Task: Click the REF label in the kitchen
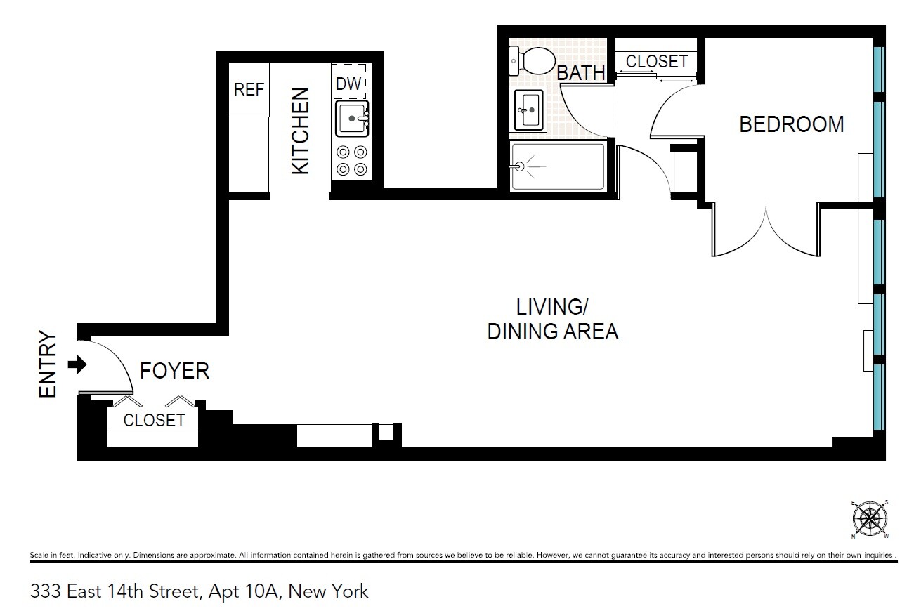[249, 90]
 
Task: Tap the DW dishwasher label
[348, 84]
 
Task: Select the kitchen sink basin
[350, 119]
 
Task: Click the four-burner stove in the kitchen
[351, 159]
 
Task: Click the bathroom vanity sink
[530, 110]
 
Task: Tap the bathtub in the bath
[557, 166]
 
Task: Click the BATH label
[580, 72]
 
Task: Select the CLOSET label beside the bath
[657, 61]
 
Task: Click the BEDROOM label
[792, 124]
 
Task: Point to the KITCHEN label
[301, 131]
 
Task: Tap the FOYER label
[174, 371]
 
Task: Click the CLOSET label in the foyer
[155, 420]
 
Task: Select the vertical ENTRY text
[48, 364]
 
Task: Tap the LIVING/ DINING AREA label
[553, 319]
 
